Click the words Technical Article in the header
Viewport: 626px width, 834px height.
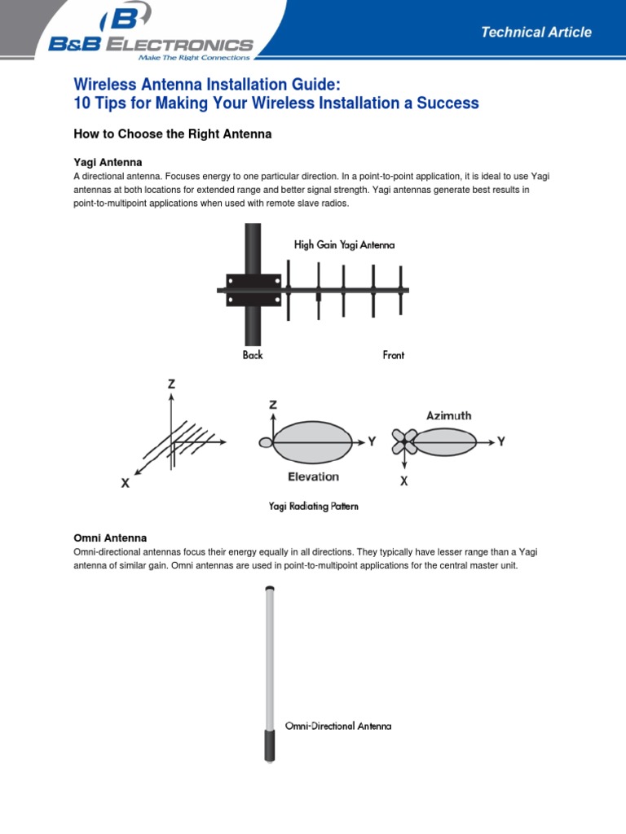coord(536,33)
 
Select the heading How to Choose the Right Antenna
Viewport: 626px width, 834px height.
coord(172,134)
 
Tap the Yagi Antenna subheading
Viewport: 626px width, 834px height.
coord(108,162)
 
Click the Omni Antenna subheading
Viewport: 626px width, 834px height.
coord(110,538)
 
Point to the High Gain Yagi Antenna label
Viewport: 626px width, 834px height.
coord(344,245)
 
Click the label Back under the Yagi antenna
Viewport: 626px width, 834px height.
coord(253,355)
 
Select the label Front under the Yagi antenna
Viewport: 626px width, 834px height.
coord(394,355)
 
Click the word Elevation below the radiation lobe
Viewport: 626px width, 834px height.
coord(312,476)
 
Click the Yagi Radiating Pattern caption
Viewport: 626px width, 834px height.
coord(314,506)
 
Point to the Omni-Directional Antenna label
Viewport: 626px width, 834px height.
coord(338,726)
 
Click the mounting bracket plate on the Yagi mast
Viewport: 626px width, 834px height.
coord(253,290)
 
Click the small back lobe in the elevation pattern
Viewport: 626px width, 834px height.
coord(265,442)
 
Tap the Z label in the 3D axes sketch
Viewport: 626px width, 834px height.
coord(171,384)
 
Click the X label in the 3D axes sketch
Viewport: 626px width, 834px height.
coord(126,483)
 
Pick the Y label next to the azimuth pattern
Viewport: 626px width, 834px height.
coord(501,441)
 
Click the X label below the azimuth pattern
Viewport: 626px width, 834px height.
coord(403,481)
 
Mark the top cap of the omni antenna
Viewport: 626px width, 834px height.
coord(269,587)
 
